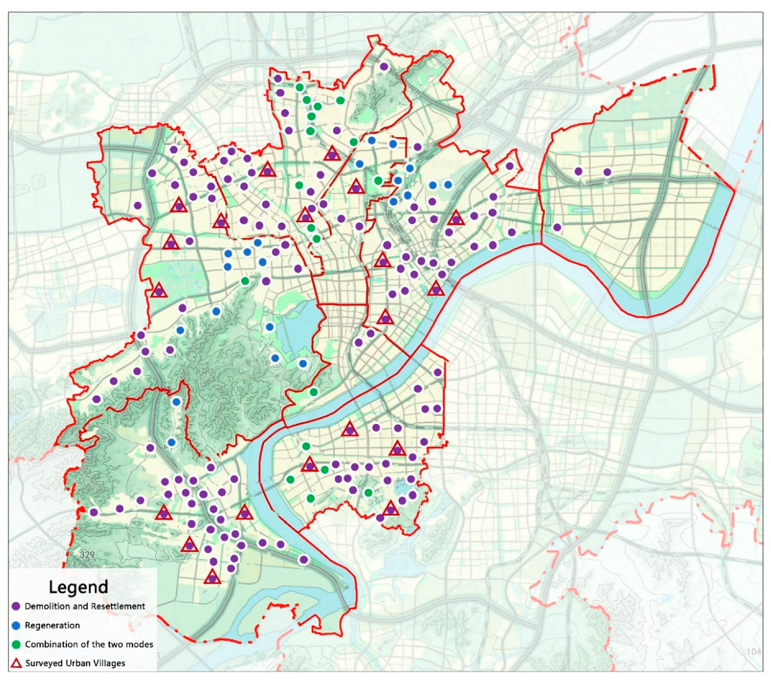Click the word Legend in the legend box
[x=78, y=587]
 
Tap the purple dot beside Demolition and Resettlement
[x=16, y=606]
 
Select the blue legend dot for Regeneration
[x=16, y=625]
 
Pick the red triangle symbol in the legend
[x=16, y=663]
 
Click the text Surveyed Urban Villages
[x=75, y=663]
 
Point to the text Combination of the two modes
[x=89, y=644]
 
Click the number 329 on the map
[x=87, y=555]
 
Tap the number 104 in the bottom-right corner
[x=753, y=652]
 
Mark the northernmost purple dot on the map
[x=384, y=67]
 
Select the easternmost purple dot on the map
[x=607, y=172]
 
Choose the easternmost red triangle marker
[x=456, y=218]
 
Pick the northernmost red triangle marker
[x=332, y=154]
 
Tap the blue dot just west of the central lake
[x=270, y=327]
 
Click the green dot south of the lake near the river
[x=313, y=392]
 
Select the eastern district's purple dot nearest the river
[x=557, y=227]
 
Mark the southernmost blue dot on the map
[x=172, y=442]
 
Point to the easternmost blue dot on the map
[x=448, y=184]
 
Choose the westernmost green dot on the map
[x=245, y=281]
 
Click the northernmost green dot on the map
[x=299, y=87]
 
